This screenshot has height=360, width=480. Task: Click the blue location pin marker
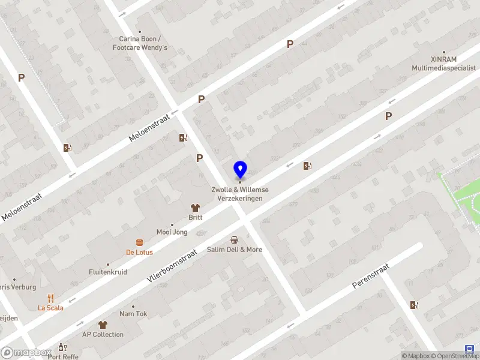240,169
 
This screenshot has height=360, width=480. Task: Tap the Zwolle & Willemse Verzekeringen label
240,194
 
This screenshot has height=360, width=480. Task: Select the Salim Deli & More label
235,250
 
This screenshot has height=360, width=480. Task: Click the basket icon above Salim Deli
234,239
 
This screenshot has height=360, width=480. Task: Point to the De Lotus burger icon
139,242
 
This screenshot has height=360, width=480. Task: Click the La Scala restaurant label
50,308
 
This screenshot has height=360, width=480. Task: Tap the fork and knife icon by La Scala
50,298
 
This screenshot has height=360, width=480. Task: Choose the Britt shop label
196,217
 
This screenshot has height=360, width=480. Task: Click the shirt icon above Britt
195,207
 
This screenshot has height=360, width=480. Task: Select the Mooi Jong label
172,232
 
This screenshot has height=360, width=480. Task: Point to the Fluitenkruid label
108,272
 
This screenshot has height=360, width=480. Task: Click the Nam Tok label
133,314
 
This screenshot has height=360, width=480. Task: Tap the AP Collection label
103,335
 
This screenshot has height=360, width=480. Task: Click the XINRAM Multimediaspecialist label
444,64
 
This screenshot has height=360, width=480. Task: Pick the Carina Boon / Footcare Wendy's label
143,43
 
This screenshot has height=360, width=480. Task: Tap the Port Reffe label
63,356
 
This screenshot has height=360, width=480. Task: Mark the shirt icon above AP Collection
103,325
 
